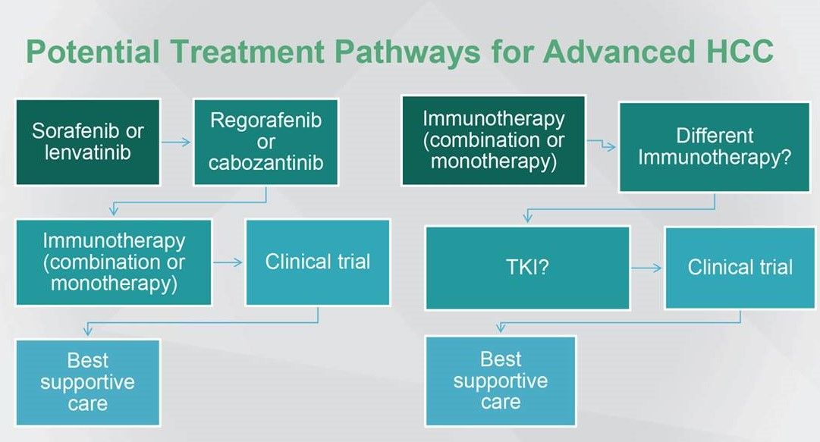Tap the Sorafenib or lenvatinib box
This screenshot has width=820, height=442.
click(x=87, y=142)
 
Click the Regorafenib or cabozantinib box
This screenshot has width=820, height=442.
click(x=265, y=142)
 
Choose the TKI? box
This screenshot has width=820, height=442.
click(x=527, y=268)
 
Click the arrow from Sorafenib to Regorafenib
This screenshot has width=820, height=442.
click(x=177, y=142)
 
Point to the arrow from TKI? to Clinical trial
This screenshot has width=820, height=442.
click(x=647, y=268)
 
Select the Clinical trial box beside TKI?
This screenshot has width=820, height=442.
click(x=740, y=268)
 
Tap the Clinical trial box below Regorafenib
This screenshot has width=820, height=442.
click(x=318, y=262)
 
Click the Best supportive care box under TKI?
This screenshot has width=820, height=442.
click(x=501, y=380)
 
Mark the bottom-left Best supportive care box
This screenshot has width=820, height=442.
click(x=87, y=381)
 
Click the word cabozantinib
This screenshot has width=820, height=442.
click(x=265, y=162)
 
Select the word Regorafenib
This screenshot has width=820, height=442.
click(x=265, y=121)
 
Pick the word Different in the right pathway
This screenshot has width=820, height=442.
click(x=715, y=136)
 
